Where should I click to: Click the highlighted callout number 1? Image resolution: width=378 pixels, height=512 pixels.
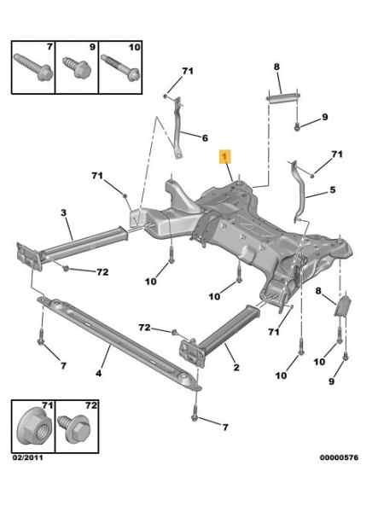pyautogui.click(x=224, y=156)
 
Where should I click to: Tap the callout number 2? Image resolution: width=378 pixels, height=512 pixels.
pyautogui.click(x=236, y=367)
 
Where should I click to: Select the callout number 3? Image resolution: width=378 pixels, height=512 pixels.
pyautogui.click(x=63, y=212)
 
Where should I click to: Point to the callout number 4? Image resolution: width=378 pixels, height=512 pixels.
pyautogui.click(x=99, y=373)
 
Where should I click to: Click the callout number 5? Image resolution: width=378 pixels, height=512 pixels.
pyautogui.click(x=333, y=189)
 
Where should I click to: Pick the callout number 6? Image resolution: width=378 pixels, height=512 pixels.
pyautogui.click(x=205, y=138)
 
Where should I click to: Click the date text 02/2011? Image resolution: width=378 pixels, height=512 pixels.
pyautogui.click(x=28, y=457)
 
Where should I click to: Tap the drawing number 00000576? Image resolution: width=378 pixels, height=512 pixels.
pyautogui.click(x=339, y=457)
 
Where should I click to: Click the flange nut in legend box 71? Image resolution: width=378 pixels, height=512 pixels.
pyautogui.click(x=34, y=426)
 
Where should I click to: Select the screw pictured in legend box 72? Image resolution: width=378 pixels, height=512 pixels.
pyautogui.click(x=73, y=428)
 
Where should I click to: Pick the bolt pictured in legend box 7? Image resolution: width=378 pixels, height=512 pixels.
pyautogui.click(x=33, y=67)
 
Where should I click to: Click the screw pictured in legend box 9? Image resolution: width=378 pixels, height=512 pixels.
pyautogui.click(x=76, y=67)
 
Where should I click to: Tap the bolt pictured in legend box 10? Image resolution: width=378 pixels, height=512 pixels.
pyautogui.click(x=121, y=67)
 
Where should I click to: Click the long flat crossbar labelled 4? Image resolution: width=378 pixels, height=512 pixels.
pyautogui.click(x=119, y=342)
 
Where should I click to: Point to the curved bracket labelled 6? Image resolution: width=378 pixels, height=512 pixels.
pyautogui.click(x=177, y=127)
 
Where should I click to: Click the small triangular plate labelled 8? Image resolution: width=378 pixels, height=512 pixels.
pyautogui.click(x=343, y=305)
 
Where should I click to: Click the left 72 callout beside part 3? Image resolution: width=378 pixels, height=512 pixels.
pyautogui.click(x=102, y=272)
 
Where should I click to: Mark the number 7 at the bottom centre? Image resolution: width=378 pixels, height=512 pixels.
pyautogui.click(x=225, y=428)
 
